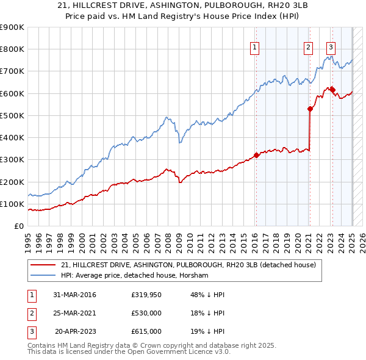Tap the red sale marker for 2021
pyautogui.click(x=310, y=109)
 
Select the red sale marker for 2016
pyautogui.click(x=256, y=155)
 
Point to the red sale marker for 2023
pyautogui.click(x=332, y=90)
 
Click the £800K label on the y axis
pyautogui.click(x=12, y=49)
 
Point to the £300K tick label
pyautogui.click(x=12, y=160)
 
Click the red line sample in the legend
pyautogui.click(x=42, y=265)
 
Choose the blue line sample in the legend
pyautogui.click(x=42, y=276)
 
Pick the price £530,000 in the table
pyautogui.click(x=146, y=313)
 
